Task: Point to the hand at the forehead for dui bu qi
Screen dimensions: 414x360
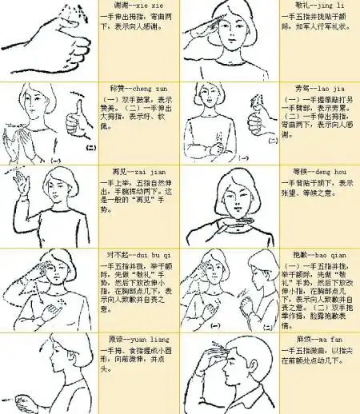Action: click(40, 271)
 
